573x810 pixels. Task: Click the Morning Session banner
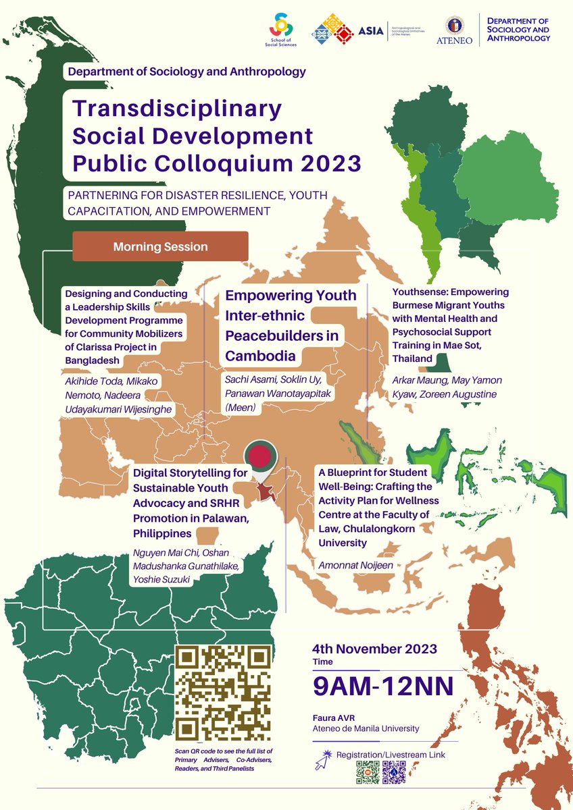[160, 246]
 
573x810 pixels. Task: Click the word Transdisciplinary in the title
[177, 108]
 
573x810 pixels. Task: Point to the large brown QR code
[224, 693]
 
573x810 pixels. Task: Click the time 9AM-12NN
[382, 686]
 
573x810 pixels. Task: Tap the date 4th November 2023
[374, 649]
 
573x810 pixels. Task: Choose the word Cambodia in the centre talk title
[257, 355]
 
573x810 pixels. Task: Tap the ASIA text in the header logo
[371, 30]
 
